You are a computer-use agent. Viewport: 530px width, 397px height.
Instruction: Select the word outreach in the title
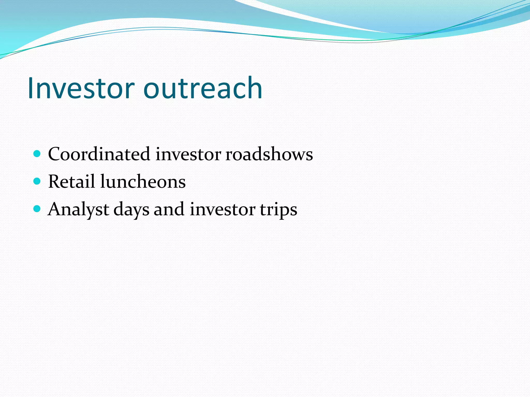pos(203,88)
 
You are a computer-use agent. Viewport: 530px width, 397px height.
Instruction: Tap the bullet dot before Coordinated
pos(37,154)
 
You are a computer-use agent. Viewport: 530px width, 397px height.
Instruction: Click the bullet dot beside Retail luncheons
pos(37,181)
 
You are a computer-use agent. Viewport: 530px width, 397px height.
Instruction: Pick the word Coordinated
pos(99,154)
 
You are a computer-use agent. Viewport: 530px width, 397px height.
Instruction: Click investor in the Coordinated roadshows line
pos(188,154)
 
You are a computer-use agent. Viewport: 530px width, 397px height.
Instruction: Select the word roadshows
pos(269,154)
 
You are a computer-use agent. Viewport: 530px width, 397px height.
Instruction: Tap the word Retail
pos(71,181)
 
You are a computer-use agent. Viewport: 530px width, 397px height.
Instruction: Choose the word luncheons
pos(143,181)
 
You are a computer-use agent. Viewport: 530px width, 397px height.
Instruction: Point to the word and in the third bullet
pos(169,209)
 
